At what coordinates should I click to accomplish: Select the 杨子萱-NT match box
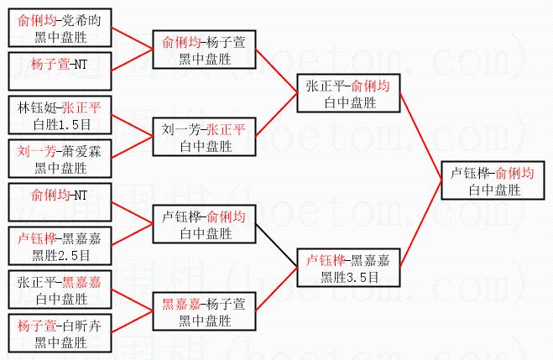coord(59,64)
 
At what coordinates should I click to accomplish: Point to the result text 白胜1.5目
coord(59,123)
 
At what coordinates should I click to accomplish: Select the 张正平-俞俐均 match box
coord(347,94)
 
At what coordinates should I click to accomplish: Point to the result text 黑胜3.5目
coord(347,274)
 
